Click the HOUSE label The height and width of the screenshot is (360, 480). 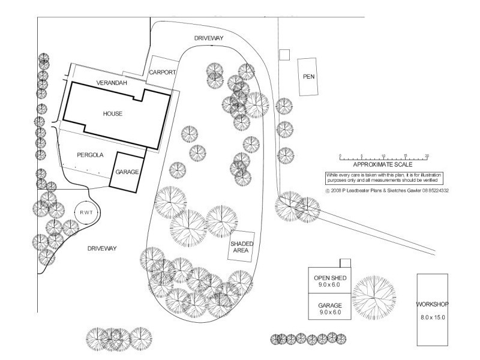click(x=112, y=113)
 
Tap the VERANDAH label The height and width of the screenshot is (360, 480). click(x=112, y=82)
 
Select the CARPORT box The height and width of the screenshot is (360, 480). click(x=163, y=71)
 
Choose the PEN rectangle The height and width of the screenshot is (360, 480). click(x=308, y=76)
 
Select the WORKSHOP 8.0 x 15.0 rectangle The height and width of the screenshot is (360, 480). click(x=433, y=310)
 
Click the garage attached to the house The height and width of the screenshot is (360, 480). click(x=127, y=171)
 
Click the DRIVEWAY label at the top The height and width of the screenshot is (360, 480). click(x=209, y=38)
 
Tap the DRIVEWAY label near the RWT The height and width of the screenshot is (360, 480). click(x=101, y=248)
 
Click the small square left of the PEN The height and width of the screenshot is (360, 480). click(x=285, y=55)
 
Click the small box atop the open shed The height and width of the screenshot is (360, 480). click(x=345, y=263)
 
